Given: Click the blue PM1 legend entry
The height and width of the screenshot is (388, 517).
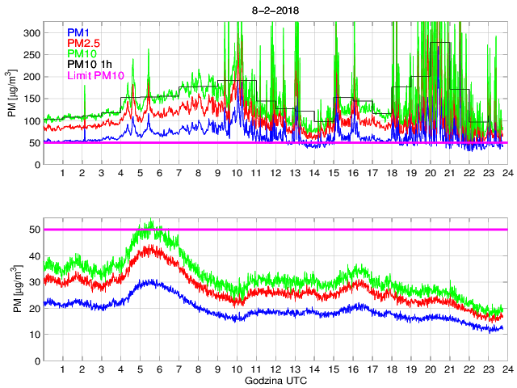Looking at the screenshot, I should click(x=79, y=32).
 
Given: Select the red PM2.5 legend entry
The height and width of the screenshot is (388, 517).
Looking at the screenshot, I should click(x=84, y=43).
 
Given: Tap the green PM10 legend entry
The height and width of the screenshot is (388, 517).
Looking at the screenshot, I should click(x=82, y=53).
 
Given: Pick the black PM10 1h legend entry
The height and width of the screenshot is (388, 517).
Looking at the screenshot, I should click(x=89, y=65).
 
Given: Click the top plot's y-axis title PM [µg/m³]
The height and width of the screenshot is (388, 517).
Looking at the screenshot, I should click(x=12, y=99).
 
